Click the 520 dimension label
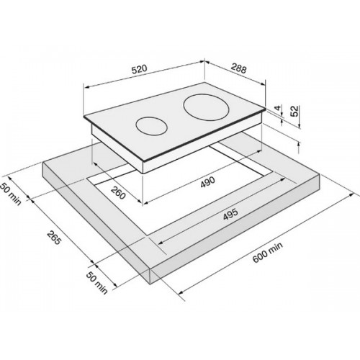point(139,69)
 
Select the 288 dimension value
point(239,68)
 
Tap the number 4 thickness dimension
point(278,108)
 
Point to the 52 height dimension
point(295,111)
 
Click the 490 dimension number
point(208,181)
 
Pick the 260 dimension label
point(118,193)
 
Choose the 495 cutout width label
point(230,214)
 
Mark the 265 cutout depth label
point(53,238)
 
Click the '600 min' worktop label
point(268,252)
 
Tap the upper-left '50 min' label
point(10,194)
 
